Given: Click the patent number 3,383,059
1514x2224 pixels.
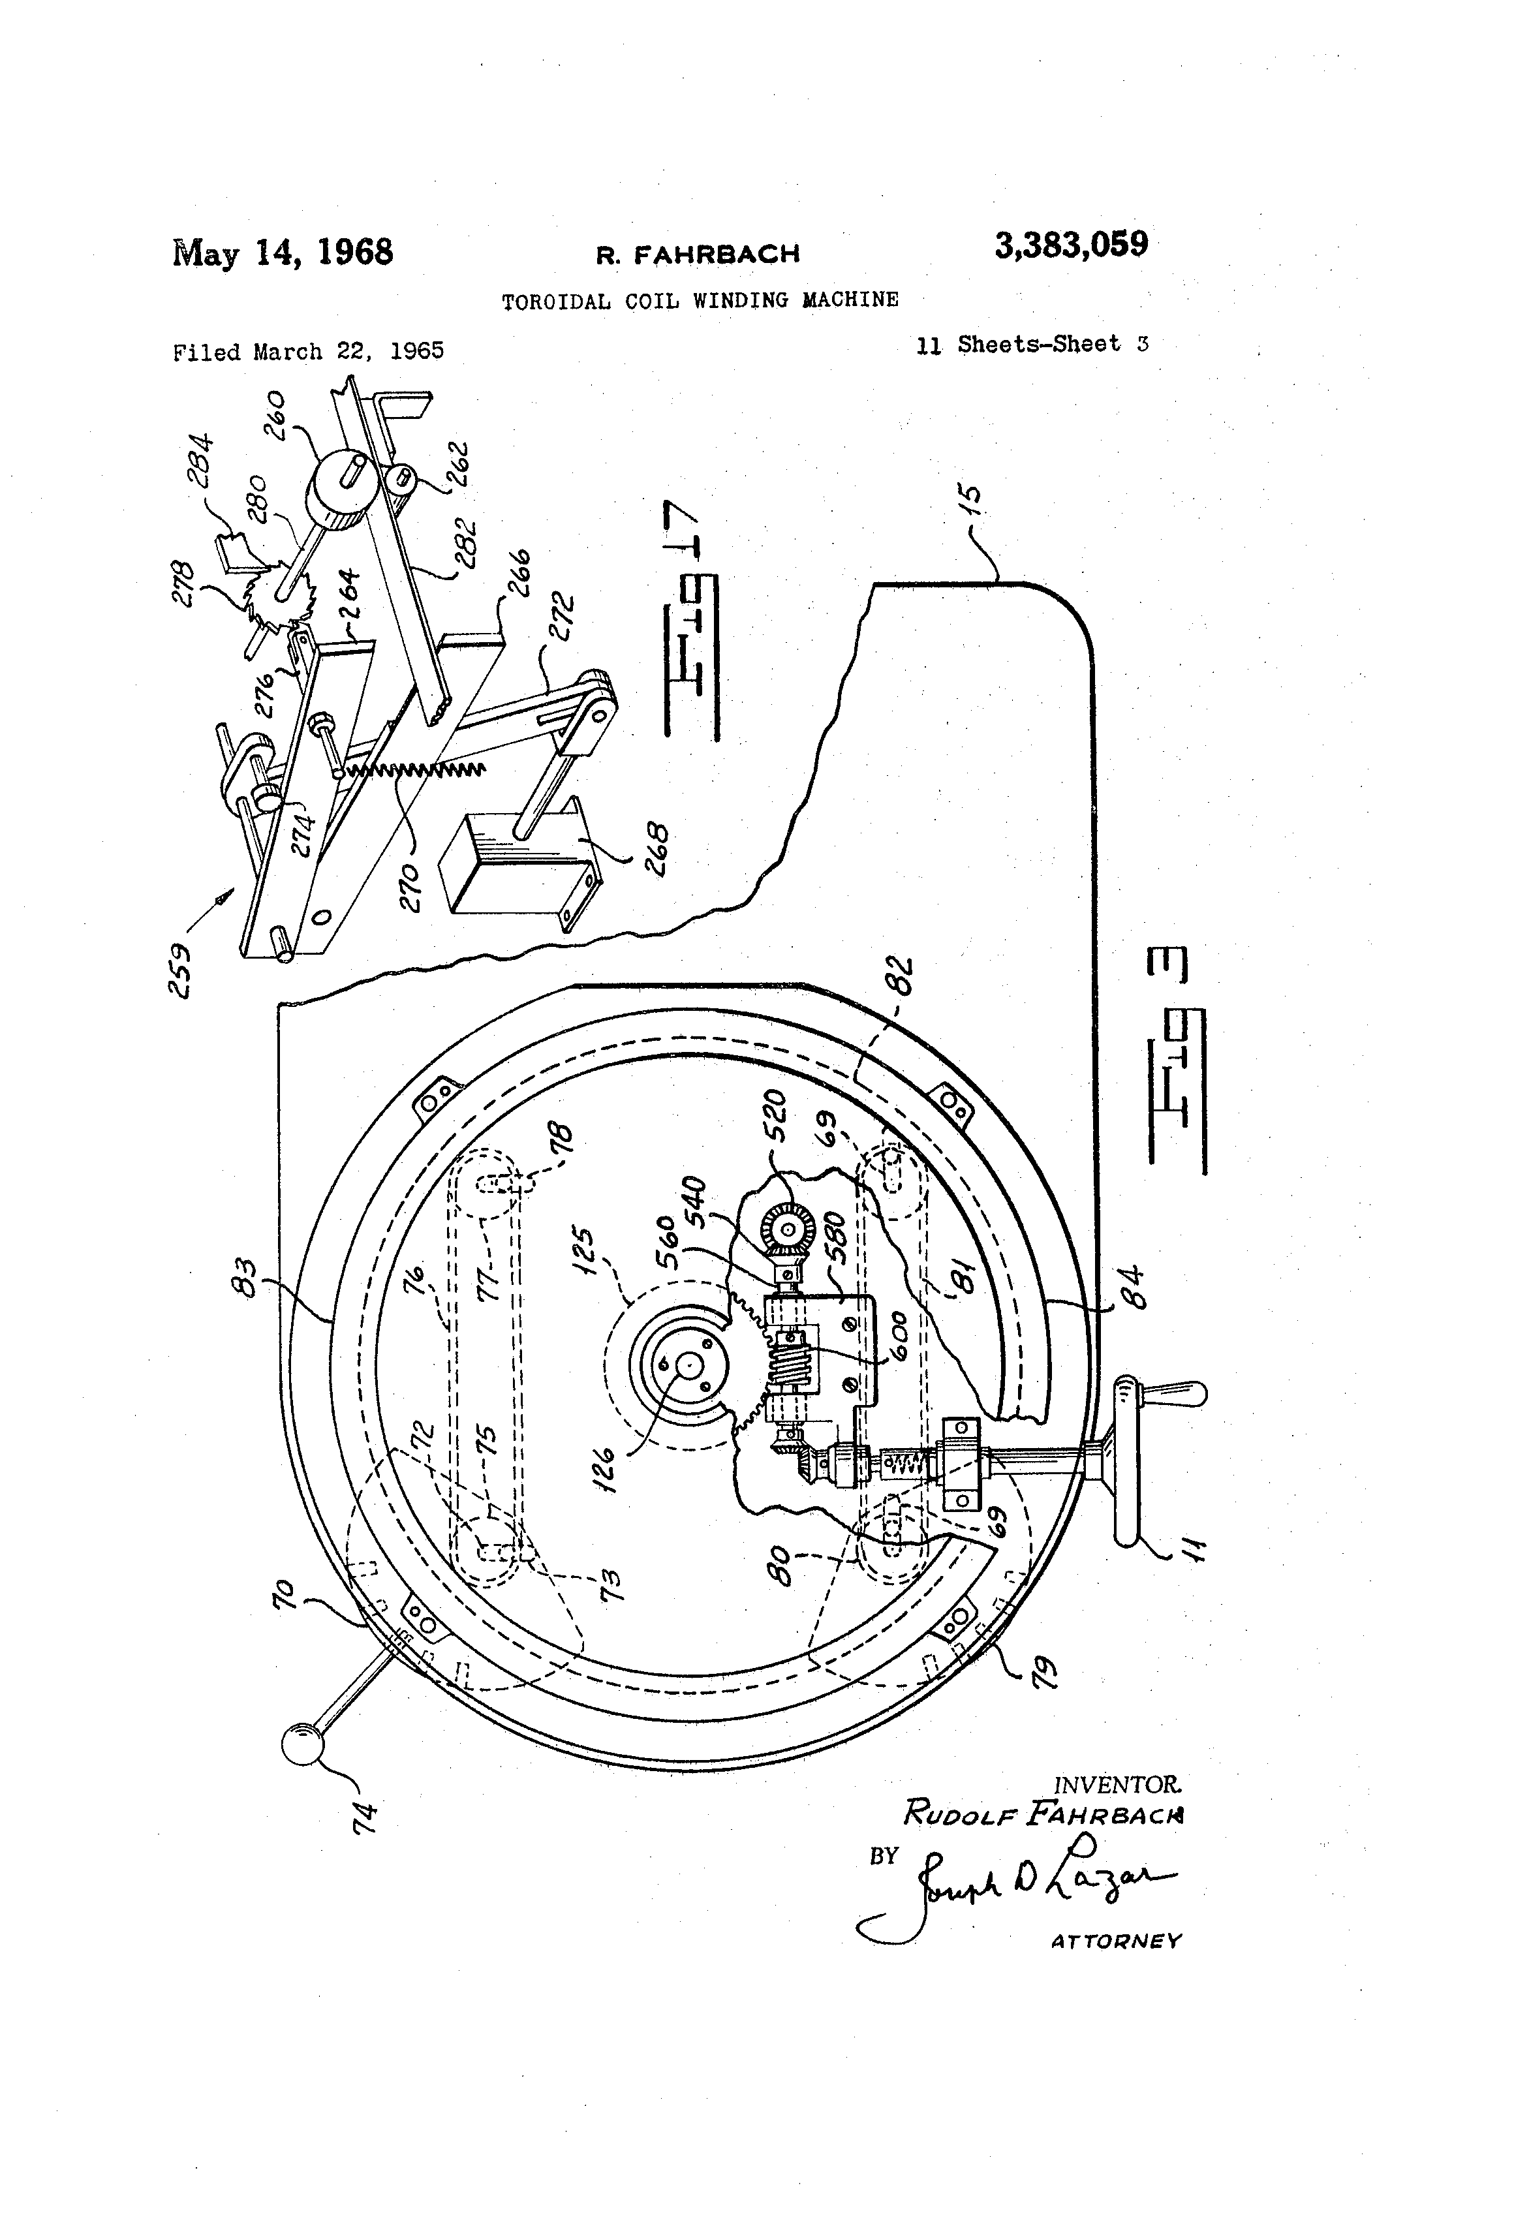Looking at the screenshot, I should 1071,245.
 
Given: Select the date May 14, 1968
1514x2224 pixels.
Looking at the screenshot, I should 283,253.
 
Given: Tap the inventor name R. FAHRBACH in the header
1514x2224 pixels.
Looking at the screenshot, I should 698,255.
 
